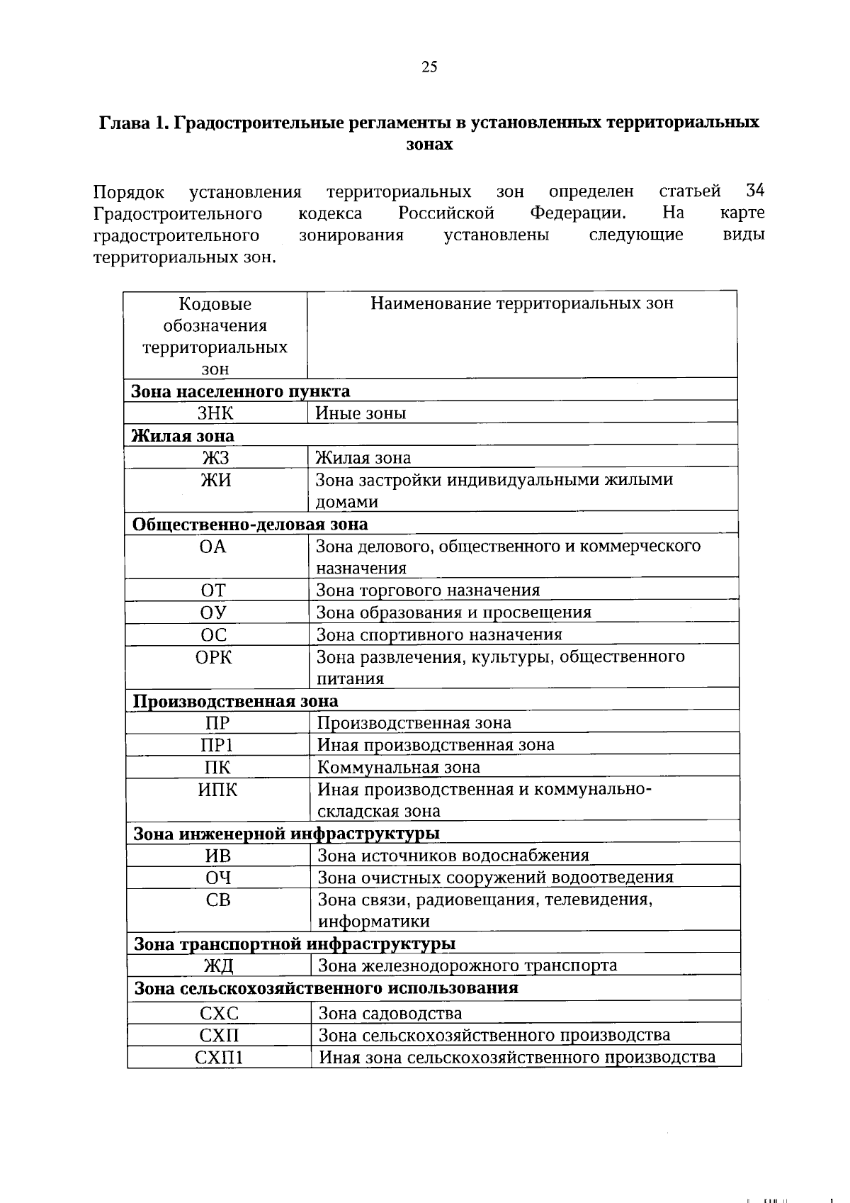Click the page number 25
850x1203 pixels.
tap(429, 67)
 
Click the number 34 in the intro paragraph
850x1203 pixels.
tap(755, 191)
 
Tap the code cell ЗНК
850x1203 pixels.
tap(215, 413)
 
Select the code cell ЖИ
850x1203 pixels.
tap(215, 481)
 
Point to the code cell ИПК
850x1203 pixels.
tap(217, 790)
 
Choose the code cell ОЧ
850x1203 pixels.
tap(218, 878)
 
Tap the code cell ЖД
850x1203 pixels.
tap(219, 966)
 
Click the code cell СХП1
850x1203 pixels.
tap(219, 1058)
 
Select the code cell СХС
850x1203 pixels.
tap(219, 1014)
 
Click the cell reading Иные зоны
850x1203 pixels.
tap(361, 413)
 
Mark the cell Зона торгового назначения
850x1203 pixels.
tap(428, 591)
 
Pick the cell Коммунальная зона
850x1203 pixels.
tap(399, 767)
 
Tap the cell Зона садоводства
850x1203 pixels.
tap(390, 1014)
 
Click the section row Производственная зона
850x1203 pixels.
tap(236, 701)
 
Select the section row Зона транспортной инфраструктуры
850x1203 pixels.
tap(295, 944)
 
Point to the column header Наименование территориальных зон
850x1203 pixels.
tap(522, 304)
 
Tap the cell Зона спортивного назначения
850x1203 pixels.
tap(439, 634)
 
